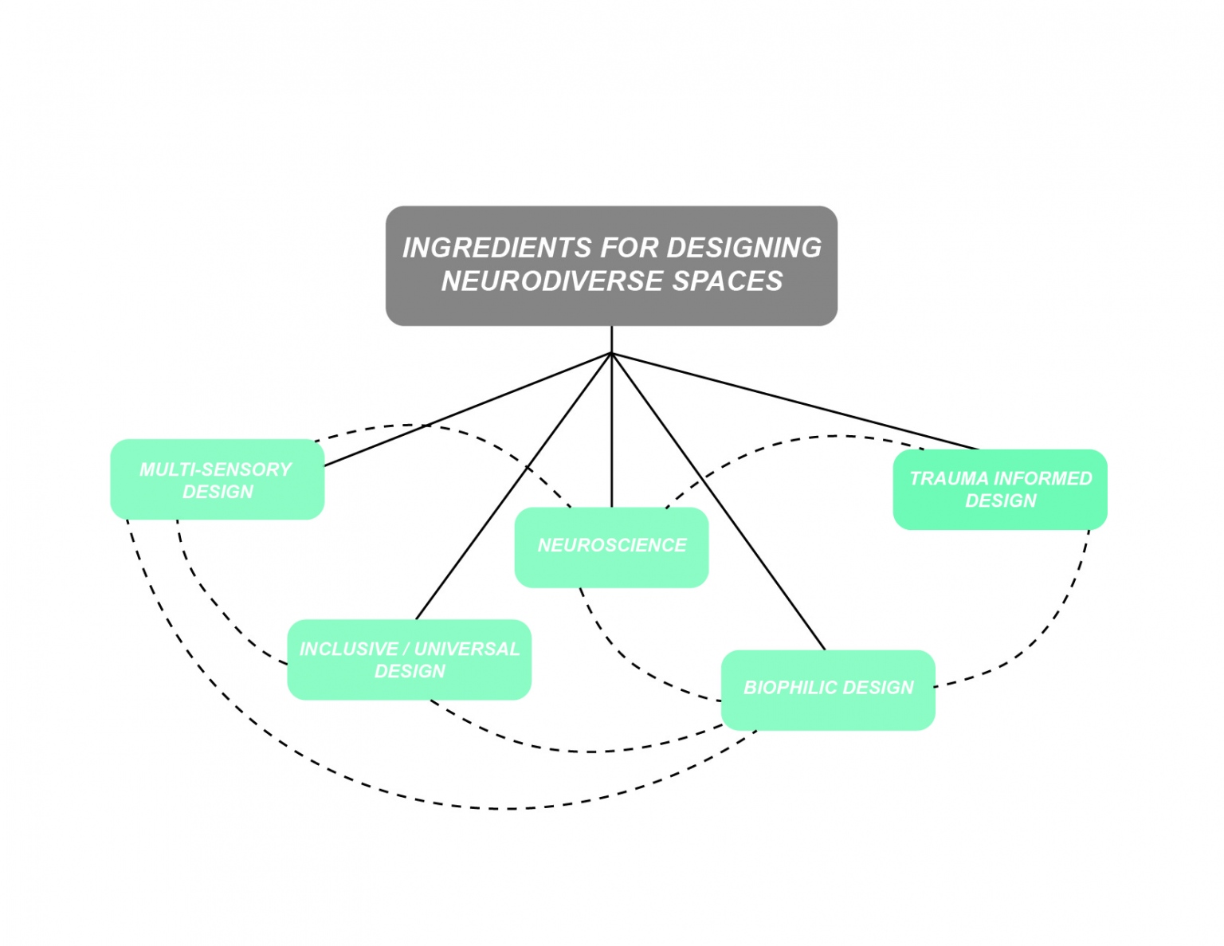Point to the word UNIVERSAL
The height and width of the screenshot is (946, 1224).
click(467, 649)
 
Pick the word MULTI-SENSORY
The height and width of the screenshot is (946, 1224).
click(215, 469)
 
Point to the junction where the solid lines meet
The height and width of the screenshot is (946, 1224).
click(611, 353)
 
